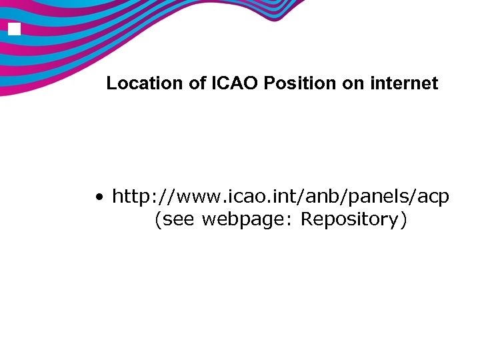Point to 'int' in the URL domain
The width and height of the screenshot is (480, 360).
[x=279, y=197]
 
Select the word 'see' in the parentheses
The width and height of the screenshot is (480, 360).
[x=178, y=220]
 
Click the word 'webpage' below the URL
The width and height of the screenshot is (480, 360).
[x=248, y=220]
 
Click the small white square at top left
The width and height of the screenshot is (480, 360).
[x=15, y=29]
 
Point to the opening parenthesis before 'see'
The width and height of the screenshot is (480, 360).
[x=157, y=220]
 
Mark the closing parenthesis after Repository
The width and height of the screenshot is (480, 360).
[x=403, y=220]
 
